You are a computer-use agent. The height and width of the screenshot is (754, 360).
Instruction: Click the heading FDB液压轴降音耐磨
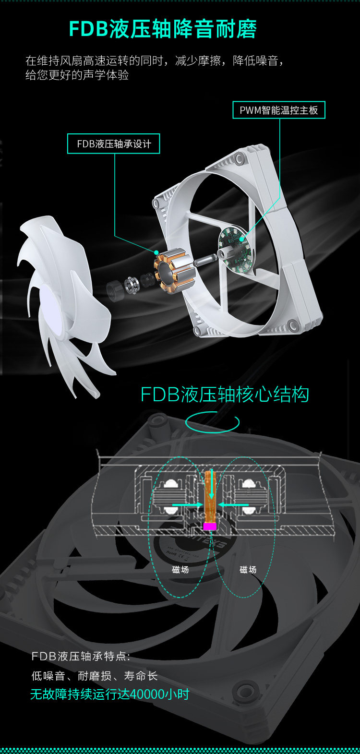point(163,29)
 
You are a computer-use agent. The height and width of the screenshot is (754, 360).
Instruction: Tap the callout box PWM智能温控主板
point(279,110)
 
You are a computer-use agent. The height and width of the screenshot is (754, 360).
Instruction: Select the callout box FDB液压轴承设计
point(114,144)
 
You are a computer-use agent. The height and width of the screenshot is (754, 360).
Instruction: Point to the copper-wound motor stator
point(174,274)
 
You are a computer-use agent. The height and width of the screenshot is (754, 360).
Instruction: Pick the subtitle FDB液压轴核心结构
point(224,395)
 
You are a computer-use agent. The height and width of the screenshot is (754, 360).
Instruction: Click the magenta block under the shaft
point(210,526)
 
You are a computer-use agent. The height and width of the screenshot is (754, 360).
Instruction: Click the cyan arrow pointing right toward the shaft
point(187,505)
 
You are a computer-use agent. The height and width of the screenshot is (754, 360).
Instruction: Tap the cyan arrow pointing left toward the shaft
point(234,505)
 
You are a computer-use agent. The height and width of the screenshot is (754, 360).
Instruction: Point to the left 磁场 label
point(180,570)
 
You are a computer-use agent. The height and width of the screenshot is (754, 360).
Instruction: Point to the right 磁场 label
point(248,570)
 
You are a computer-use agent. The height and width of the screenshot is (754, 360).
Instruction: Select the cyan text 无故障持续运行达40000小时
point(110,694)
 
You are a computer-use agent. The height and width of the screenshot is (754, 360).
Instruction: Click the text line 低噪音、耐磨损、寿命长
point(95,676)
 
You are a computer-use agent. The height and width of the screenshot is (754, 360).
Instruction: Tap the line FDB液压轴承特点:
point(81,656)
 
